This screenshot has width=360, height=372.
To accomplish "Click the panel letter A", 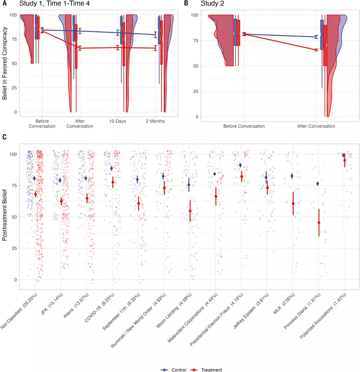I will [5, 4].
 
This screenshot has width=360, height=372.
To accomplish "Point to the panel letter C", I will [5, 137].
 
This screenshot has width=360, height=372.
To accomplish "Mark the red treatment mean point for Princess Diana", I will [319, 223].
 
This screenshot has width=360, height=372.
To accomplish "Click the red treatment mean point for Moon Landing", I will [190, 211].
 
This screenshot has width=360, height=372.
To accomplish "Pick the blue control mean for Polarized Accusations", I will [344, 155].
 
